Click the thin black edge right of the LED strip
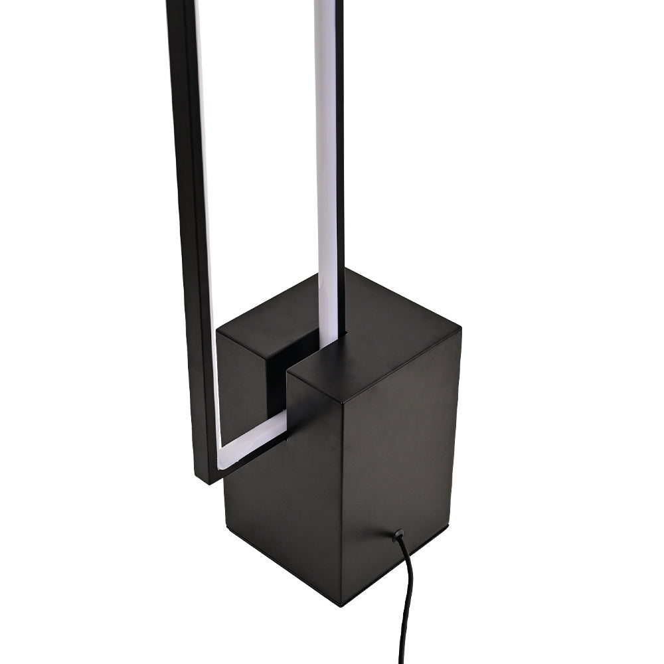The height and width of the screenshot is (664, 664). [340, 166]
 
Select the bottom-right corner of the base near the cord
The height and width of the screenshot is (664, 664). [446, 526]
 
